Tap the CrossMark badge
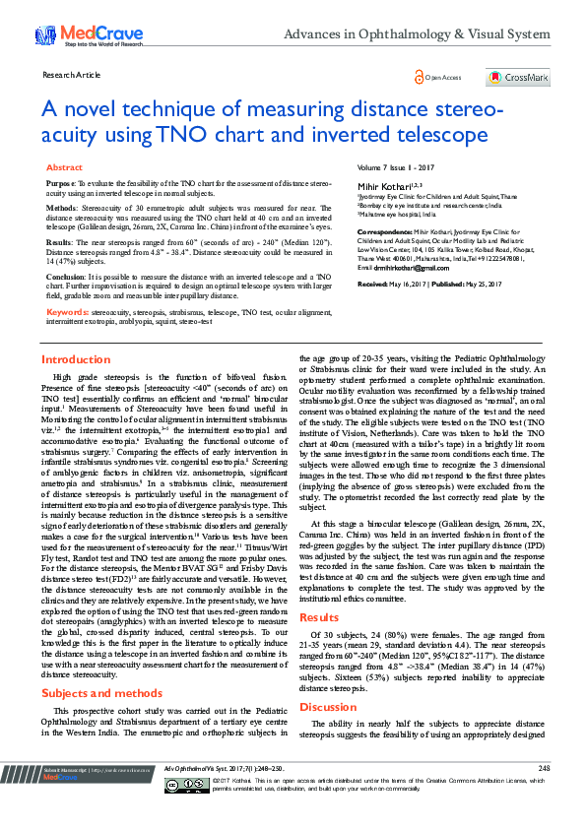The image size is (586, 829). (517, 77)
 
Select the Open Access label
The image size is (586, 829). (443, 77)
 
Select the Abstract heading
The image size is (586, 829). (65, 168)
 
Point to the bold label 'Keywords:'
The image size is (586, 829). (68, 311)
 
